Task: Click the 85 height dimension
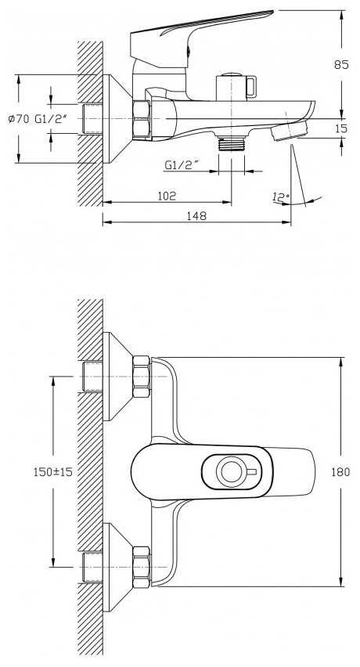(341, 65)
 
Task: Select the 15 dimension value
(341, 128)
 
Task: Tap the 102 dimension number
(167, 196)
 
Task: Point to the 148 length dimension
(196, 215)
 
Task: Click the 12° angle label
(280, 197)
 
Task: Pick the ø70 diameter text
(19, 119)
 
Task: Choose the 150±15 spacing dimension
(53, 472)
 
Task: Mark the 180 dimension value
(341, 472)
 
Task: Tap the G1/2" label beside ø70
(51, 119)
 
